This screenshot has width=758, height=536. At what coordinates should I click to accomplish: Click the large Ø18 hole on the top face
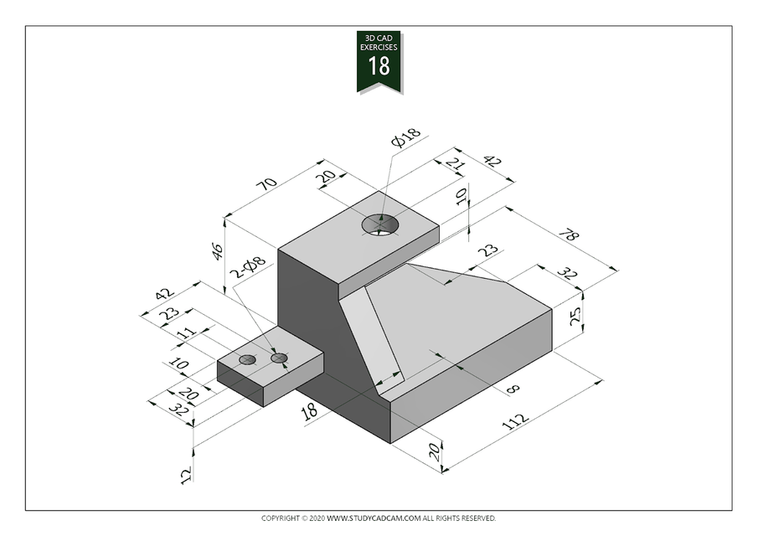point(380,224)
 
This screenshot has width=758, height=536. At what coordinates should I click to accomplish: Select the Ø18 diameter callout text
point(405,139)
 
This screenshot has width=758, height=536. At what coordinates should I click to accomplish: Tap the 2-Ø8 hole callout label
point(248,267)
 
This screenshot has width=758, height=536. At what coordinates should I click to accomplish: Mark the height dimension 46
point(218,250)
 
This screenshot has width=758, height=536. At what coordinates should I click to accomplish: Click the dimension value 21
point(455,165)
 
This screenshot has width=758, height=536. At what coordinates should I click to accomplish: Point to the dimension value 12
point(186,474)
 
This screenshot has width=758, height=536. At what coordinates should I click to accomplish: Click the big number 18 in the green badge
point(379,66)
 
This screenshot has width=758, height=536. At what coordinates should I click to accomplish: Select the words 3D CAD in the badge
point(379,39)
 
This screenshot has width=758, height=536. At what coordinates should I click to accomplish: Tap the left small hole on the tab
point(247,359)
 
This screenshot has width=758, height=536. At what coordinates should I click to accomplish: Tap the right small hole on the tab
point(280,358)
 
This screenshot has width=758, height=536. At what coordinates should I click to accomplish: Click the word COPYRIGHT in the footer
point(280,518)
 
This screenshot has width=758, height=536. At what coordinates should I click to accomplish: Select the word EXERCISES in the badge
point(379,48)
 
